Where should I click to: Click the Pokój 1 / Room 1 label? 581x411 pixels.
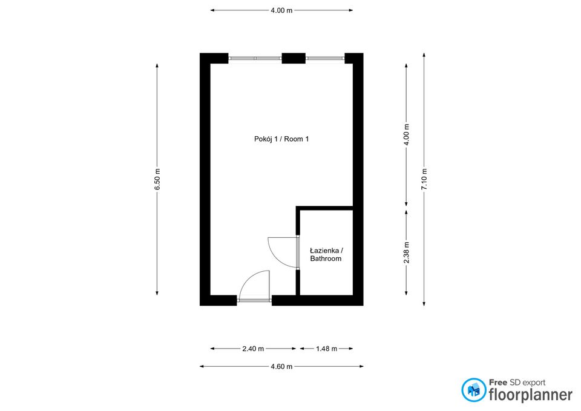(281, 139)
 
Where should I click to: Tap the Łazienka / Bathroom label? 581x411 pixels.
(326, 254)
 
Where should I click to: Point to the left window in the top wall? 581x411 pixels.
(255, 58)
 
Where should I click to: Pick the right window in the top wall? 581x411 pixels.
(324, 58)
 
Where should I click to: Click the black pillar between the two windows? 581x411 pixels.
(294, 58)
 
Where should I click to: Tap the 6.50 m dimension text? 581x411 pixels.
(157, 180)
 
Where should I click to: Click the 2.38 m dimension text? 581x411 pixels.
(406, 252)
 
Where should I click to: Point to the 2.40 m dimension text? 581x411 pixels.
(253, 349)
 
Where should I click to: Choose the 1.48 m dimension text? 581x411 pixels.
(326, 349)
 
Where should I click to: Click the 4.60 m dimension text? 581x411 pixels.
(281, 366)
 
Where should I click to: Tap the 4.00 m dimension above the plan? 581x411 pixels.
(281, 10)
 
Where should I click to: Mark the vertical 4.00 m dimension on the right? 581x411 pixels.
(406, 135)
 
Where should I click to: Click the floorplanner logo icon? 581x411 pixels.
(473, 390)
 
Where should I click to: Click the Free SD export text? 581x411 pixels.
(517, 382)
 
